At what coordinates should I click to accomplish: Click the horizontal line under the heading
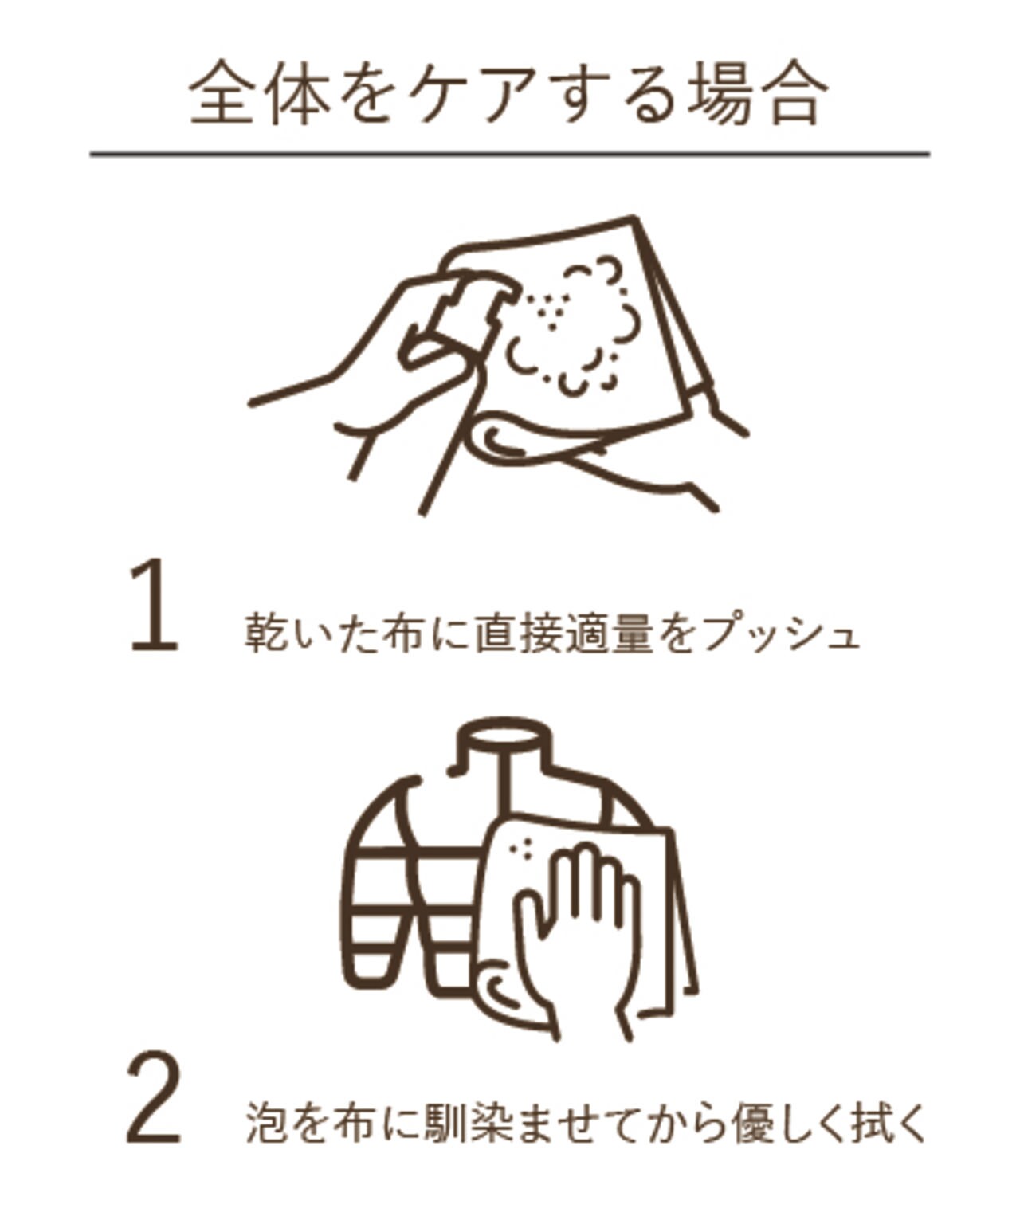[509, 154]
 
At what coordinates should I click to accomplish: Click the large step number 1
[154, 605]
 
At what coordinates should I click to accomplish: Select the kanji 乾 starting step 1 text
[263, 633]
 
